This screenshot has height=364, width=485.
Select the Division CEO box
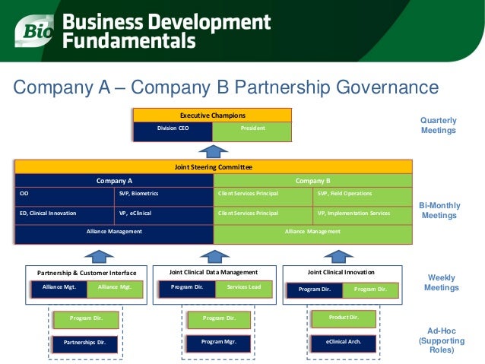[x=173, y=129]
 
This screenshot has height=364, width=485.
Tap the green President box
[x=252, y=129]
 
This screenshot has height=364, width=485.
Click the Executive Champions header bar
[x=213, y=115]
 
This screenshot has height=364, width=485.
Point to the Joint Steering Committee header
[x=214, y=166]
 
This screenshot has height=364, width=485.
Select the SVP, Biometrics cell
[x=164, y=194]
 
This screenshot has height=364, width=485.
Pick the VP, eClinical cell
[x=164, y=214]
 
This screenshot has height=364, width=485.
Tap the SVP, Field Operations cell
[x=363, y=194]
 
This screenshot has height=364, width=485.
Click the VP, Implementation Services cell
[x=363, y=214]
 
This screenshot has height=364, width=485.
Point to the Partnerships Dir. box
[x=85, y=343]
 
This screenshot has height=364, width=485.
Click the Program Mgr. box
[x=217, y=342]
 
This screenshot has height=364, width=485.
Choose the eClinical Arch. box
[x=344, y=342]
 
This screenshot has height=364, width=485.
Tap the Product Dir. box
[x=344, y=317]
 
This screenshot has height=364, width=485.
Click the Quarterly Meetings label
[x=439, y=125]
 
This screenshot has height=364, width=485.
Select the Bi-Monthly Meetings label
[x=439, y=211]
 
